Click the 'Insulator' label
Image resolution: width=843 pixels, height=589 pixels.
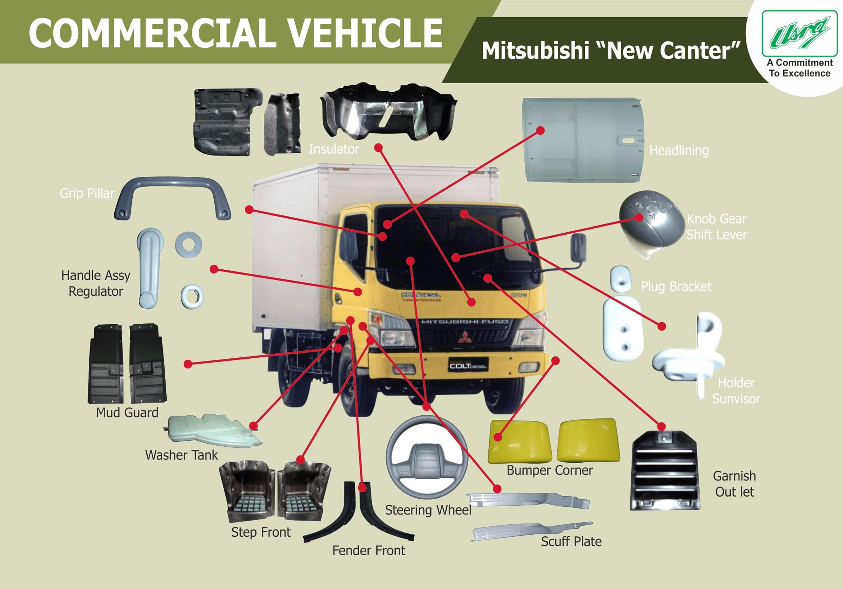tap(333, 149)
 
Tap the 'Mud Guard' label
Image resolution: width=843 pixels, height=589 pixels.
tap(127, 413)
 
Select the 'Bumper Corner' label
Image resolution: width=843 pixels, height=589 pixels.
tap(549, 471)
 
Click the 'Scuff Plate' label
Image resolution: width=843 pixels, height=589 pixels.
tap(571, 542)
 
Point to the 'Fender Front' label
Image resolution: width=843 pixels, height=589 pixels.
tap(369, 551)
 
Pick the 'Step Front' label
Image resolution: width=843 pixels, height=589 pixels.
tap(261, 532)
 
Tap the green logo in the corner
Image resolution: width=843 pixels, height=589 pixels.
tap(800, 34)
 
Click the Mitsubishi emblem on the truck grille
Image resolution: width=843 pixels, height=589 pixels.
tap(465, 337)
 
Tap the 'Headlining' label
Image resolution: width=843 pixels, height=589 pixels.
tap(679, 151)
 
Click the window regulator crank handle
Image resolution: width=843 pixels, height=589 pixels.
tap(150, 268)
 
